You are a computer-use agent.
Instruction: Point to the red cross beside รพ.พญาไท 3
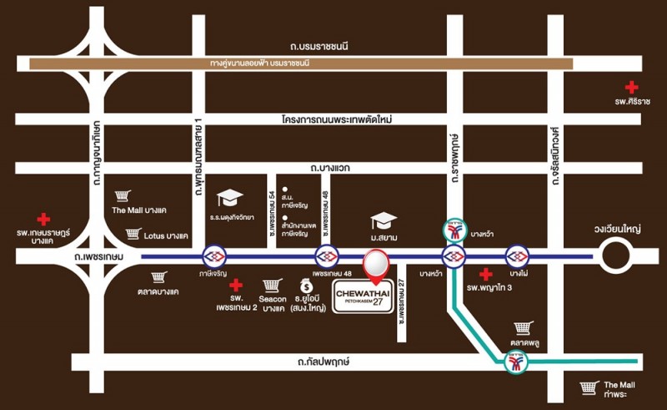485,273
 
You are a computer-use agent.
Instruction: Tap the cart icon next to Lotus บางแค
133,235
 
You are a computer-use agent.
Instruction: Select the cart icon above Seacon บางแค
269,286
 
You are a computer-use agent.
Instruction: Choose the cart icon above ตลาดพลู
523,328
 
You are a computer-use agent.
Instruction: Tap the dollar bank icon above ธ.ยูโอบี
307,286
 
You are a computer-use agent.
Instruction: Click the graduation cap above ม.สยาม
384,221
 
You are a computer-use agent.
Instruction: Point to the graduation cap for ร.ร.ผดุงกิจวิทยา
229,199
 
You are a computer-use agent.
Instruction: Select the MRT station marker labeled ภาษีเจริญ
215,256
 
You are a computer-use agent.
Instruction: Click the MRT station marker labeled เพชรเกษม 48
326,256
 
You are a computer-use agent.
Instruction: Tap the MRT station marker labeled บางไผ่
518,256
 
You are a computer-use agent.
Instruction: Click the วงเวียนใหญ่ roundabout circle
619,255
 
